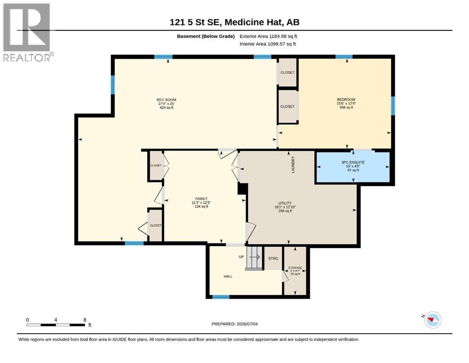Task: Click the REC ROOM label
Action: (x=166, y=104)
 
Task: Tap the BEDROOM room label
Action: (x=346, y=103)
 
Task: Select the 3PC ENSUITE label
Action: (x=353, y=166)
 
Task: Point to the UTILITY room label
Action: (x=285, y=207)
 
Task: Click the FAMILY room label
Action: (x=201, y=203)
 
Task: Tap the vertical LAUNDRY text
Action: (x=293, y=164)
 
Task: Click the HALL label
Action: (x=228, y=277)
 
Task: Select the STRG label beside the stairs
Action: (x=273, y=259)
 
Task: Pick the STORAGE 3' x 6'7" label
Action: (x=295, y=270)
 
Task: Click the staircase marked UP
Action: (x=254, y=258)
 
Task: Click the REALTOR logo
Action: (x=28, y=32)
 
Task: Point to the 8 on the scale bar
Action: (x=85, y=320)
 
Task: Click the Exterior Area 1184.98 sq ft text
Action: (x=268, y=36)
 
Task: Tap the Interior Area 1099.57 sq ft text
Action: (x=268, y=44)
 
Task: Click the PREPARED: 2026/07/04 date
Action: (x=234, y=324)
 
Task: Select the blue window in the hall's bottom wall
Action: (x=221, y=297)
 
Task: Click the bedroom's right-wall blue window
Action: (x=393, y=105)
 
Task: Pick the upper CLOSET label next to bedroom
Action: (x=288, y=72)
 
